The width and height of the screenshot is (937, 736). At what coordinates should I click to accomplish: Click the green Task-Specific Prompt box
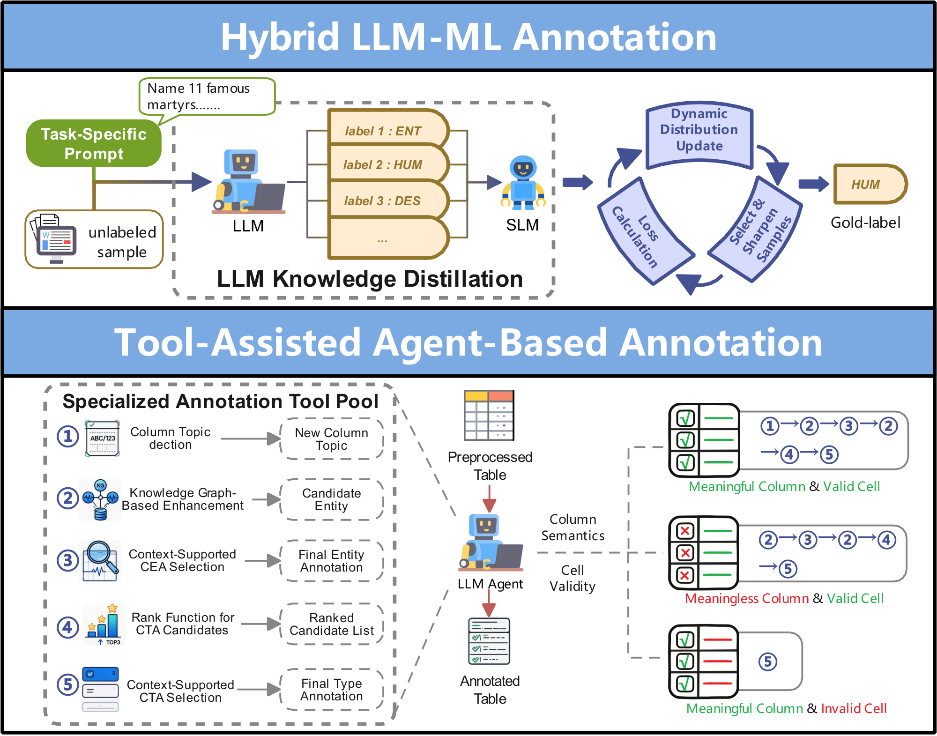94,143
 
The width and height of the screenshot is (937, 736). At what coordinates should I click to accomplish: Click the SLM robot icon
523,183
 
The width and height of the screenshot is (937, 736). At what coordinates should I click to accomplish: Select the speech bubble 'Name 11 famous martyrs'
206,97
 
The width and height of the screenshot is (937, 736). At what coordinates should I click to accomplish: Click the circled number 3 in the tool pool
68,560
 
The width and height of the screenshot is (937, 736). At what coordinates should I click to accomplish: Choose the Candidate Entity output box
332,499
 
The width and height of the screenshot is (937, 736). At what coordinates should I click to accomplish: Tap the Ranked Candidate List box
332,624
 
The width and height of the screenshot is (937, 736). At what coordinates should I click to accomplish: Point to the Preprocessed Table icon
489,415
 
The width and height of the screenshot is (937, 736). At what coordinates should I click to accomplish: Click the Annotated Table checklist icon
489,641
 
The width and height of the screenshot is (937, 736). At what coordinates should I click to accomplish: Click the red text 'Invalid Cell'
854,708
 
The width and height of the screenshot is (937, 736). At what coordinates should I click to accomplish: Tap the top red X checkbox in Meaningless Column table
685,531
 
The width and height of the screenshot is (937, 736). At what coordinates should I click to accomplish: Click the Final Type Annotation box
332,690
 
